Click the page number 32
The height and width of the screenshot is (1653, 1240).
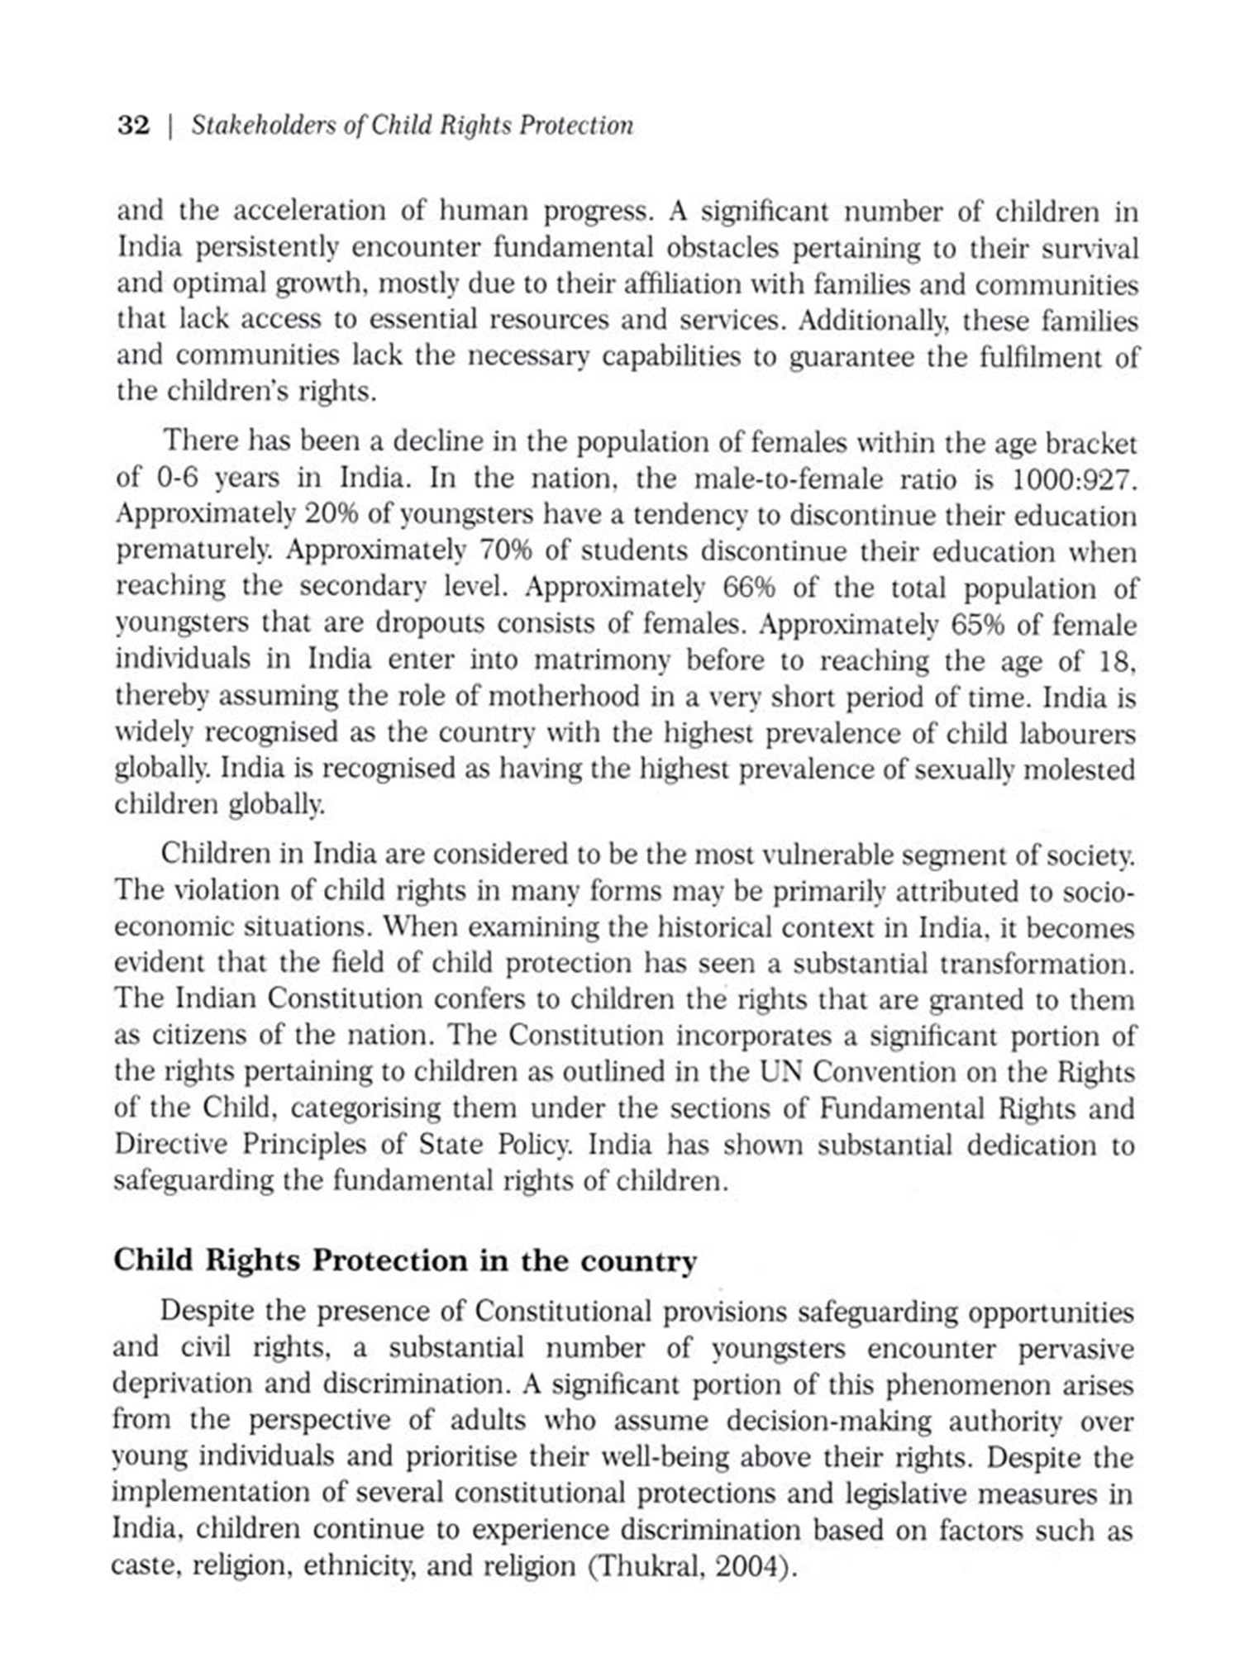click(x=134, y=126)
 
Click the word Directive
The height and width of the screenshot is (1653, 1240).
click(x=169, y=1145)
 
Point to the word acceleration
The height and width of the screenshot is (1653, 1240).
click(x=309, y=212)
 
